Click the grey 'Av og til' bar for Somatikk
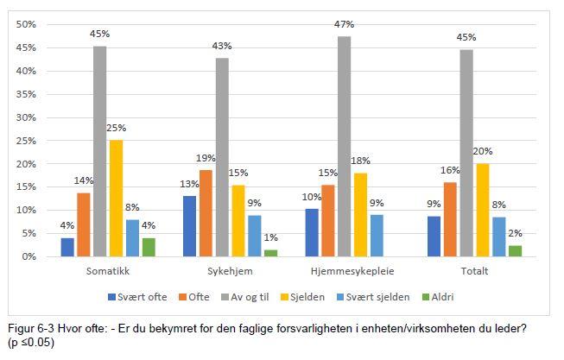pyautogui.click(x=100, y=151)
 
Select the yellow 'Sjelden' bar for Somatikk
pyautogui.click(x=115, y=198)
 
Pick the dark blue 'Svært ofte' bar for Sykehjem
pyautogui.click(x=188, y=226)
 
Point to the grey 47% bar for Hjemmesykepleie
pyautogui.click(x=345, y=147)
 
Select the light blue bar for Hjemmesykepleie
pyautogui.click(x=376, y=236)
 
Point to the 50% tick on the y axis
pyautogui.click(x=26, y=24)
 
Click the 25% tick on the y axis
pyautogui.click(x=26, y=141)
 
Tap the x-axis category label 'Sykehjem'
pyautogui.click(x=220, y=271)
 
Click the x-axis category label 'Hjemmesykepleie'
pyautogui.click(x=345, y=271)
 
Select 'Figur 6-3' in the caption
pyautogui.click(x=30, y=329)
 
